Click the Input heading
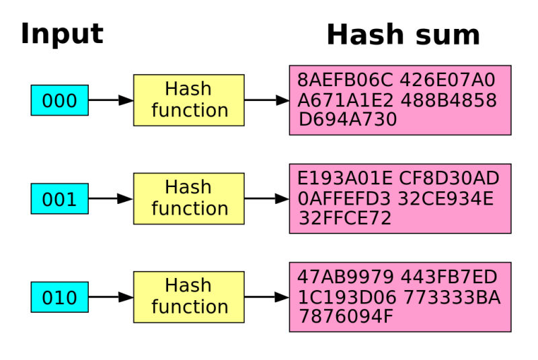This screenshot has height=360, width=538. click(x=62, y=34)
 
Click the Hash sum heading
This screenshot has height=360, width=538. click(x=403, y=35)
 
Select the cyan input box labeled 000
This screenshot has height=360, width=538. click(x=59, y=100)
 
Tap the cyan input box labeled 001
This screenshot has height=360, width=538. click(x=59, y=199)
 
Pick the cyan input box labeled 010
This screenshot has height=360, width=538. click(x=59, y=297)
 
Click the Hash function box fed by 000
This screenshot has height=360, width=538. click(x=189, y=100)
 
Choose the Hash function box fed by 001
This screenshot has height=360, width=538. click(x=189, y=199)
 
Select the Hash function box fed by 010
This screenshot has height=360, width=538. click(x=189, y=297)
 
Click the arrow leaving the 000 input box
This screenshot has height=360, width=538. click(x=111, y=100)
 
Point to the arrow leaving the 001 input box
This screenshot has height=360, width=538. click(x=111, y=199)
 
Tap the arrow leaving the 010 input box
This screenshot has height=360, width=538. click(x=111, y=297)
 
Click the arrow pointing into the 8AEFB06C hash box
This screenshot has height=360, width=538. click(x=267, y=100)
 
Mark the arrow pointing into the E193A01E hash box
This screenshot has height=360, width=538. click(x=267, y=199)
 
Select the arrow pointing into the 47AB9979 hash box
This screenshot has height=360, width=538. click(x=267, y=297)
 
